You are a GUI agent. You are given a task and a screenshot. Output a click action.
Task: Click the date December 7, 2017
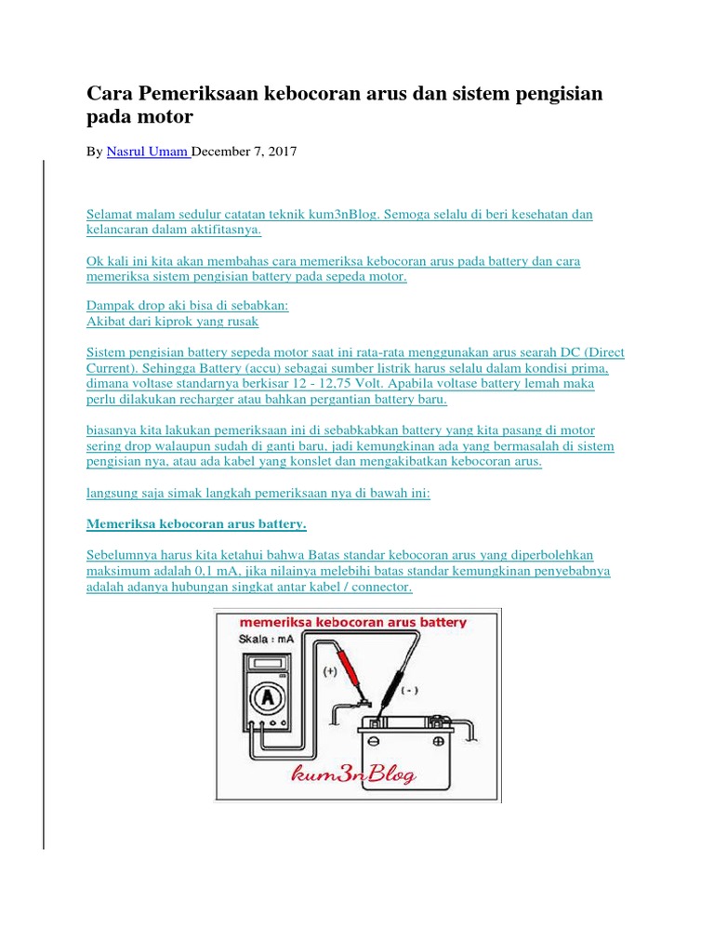tap(245, 152)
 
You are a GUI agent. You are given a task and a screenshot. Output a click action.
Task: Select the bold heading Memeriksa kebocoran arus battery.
tap(196, 523)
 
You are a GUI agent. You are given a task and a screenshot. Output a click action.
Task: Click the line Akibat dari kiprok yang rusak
tap(172, 321)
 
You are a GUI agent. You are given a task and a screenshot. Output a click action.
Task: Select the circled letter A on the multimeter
tap(267, 698)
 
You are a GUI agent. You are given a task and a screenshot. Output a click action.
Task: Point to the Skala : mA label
tap(266, 639)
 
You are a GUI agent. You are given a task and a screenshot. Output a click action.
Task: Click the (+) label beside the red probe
tap(330, 671)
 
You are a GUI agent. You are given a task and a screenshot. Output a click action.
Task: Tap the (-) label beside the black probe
tap(410, 691)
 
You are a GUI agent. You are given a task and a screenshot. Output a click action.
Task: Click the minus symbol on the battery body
tap(374, 741)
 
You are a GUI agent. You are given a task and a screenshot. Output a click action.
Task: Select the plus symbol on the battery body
tap(439, 741)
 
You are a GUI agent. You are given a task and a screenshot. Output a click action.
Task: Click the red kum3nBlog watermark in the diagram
tap(354, 774)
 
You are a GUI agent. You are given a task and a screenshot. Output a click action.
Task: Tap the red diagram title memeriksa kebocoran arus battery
tap(352, 622)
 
